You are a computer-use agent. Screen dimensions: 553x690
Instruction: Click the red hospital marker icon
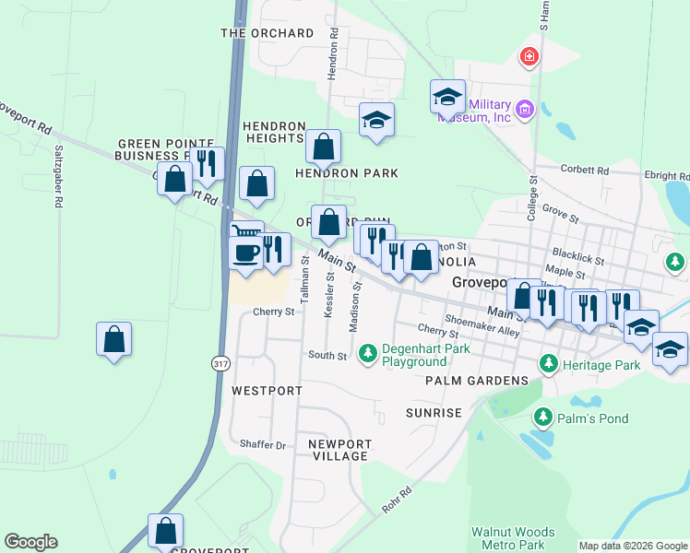[529, 57]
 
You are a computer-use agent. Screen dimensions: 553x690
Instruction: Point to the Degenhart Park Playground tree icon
[367, 353]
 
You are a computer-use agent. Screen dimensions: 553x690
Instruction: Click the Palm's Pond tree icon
[541, 418]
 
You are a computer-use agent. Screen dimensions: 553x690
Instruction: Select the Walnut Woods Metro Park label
[513, 538]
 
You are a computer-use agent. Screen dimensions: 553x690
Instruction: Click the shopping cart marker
[246, 235]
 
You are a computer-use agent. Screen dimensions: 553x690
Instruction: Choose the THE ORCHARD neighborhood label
[268, 33]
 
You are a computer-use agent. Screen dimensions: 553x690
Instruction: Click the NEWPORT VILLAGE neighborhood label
[339, 450]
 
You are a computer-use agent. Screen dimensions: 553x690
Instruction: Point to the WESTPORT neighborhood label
[267, 391]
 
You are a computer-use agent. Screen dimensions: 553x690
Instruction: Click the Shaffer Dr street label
[263, 444]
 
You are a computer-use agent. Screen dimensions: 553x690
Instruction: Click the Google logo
[30, 542]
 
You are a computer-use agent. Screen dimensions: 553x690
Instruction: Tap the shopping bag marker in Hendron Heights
[324, 146]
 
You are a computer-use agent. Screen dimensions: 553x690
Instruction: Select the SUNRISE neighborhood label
[433, 413]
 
